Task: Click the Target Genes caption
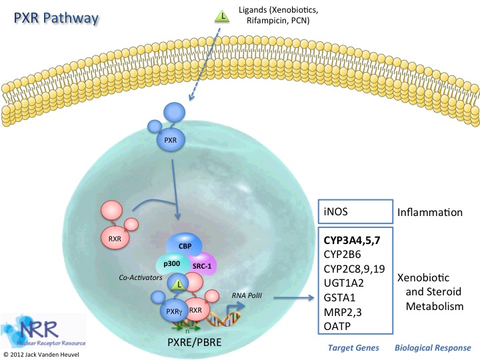coord(353,348)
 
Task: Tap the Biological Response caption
coord(433,348)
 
